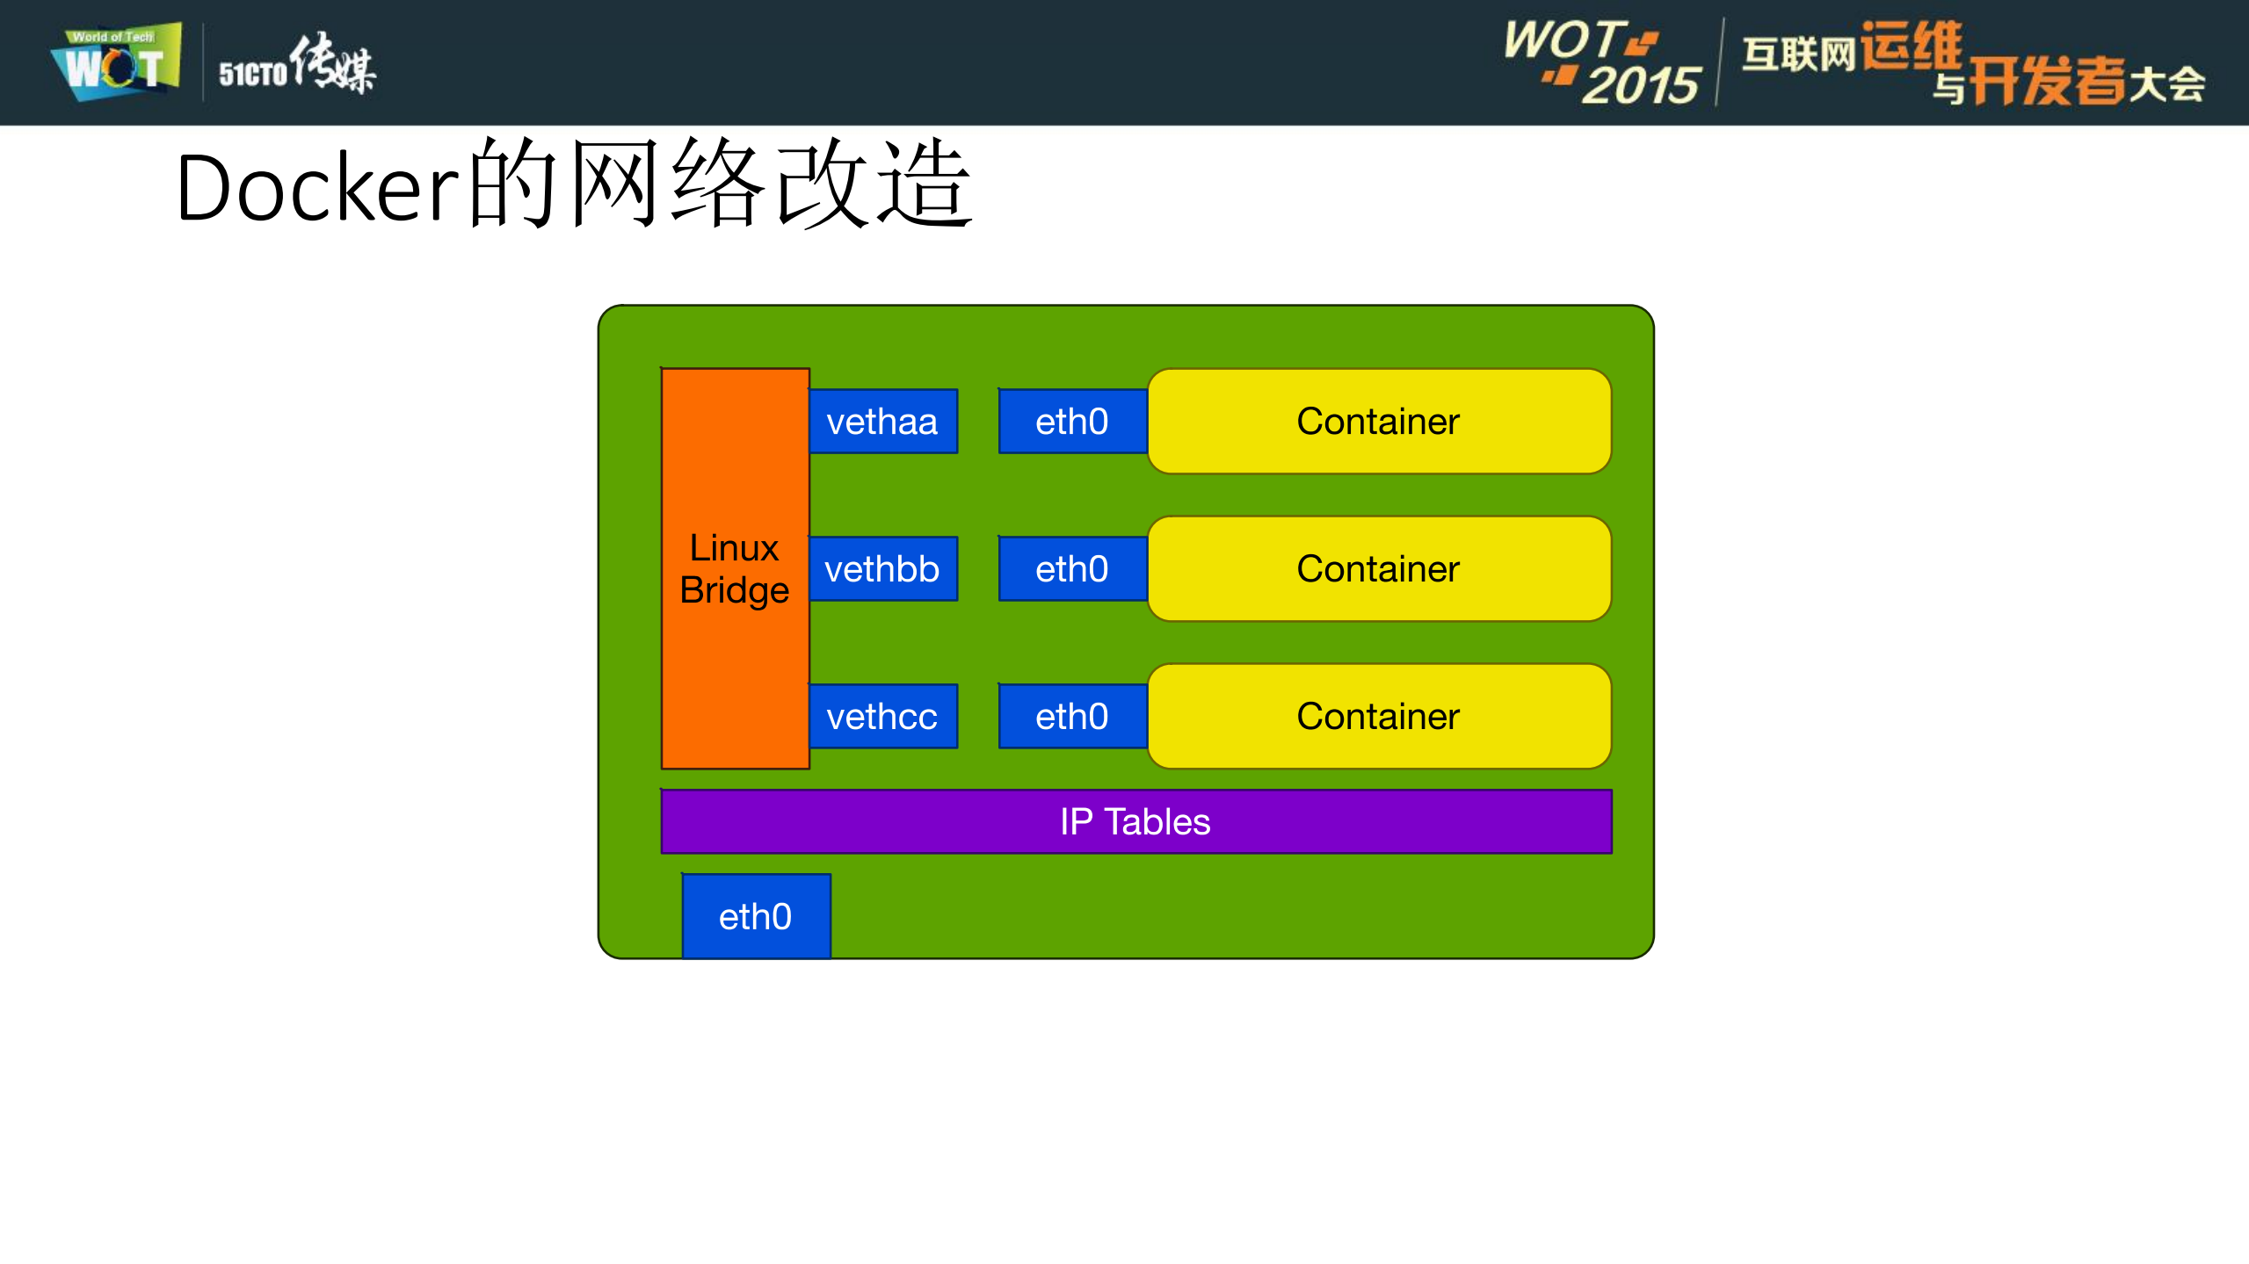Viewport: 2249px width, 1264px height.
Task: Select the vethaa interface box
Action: click(x=882, y=422)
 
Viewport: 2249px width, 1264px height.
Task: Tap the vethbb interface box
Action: click(x=882, y=569)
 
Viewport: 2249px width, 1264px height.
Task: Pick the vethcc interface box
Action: click(x=882, y=717)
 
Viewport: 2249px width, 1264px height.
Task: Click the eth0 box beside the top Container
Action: click(x=1072, y=422)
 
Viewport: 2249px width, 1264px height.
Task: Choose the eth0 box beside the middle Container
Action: click(x=1072, y=569)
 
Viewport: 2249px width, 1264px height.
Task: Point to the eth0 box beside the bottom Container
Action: click(x=1072, y=717)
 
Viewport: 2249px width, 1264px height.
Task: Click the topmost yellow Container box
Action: click(x=1378, y=422)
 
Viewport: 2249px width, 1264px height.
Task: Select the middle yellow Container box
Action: click(x=1378, y=569)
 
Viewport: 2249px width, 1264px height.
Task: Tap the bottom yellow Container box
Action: click(x=1378, y=717)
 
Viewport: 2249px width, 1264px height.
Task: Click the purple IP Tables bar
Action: click(x=879, y=822)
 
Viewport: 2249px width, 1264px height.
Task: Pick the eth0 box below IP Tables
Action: click(x=756, y=916)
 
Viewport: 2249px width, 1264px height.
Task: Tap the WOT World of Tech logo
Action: click(x=116, y=61)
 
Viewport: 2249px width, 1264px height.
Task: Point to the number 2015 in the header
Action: click(x=1640, y=85)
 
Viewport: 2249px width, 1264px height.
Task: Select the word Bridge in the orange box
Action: click(x=735, y=590)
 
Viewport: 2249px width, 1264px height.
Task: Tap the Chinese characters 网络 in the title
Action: click(x=668, y=184)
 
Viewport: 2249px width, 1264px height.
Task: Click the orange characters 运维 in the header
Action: click(x=1911, y=46)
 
